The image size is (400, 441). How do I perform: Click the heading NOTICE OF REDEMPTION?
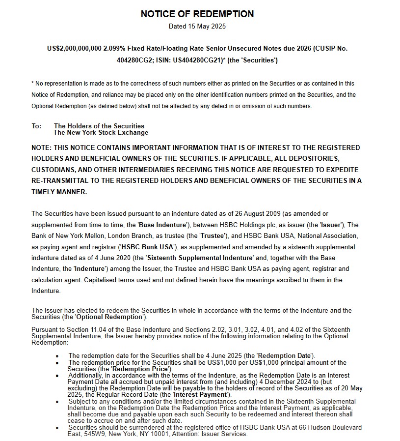click(x=197, y=14)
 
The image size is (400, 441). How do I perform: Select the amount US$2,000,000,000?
click(x=74, y=49)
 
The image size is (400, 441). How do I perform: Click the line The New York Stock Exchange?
click(x=101, y=132)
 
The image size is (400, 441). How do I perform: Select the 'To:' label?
click(x=37, y=126)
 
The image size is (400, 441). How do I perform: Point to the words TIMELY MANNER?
click(x=59, y=192)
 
